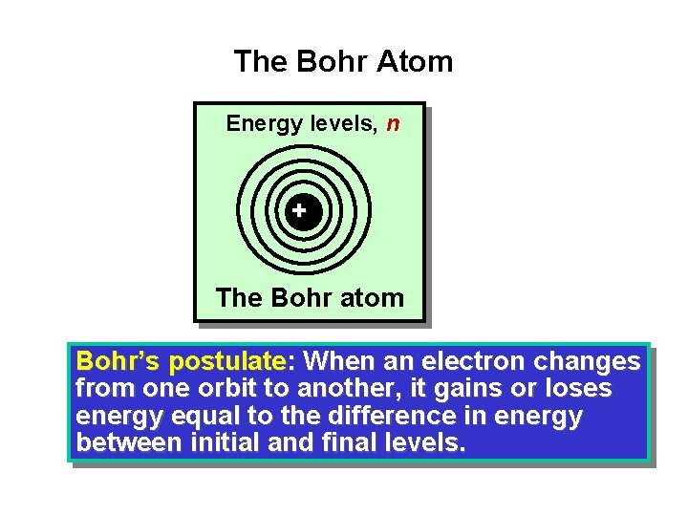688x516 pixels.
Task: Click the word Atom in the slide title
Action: (x=415, y=62)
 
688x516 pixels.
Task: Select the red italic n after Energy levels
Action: (x=393, y=124)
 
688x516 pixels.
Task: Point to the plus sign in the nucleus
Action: (x=299, y=209)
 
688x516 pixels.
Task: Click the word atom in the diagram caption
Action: (x=366, y=298)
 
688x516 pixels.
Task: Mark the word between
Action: (x=132, y=443)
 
